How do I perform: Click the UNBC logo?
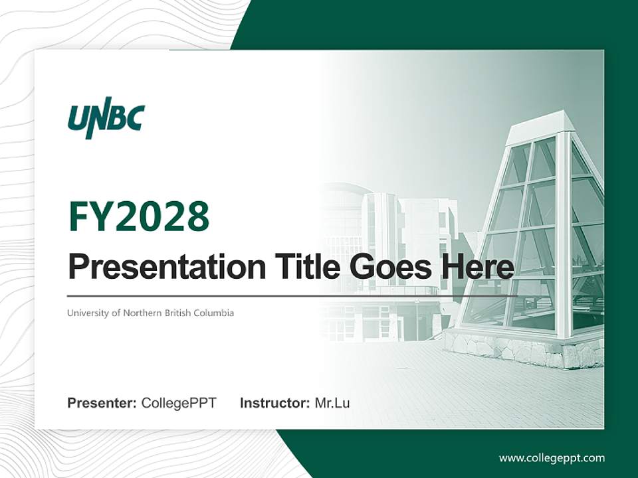click(x=106, y=120)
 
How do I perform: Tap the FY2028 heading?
click(x=139, y=216)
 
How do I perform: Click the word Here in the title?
click(x=477, y=267)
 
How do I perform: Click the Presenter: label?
click(x=102, y=403)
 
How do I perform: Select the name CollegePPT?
click(x=179, y=403)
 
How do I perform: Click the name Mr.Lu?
click(x=332, y=403)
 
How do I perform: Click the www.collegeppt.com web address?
click(x=552, y=458)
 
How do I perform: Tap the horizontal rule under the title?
click(x=292, y=295)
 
